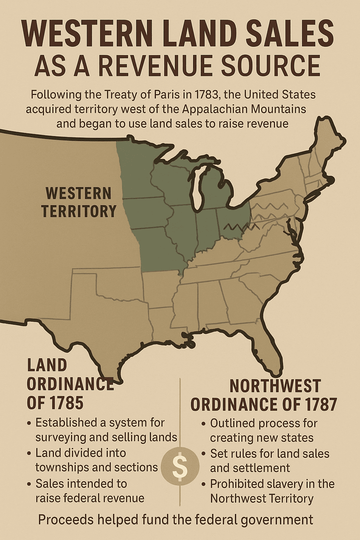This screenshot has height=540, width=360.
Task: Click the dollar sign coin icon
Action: pyautogui.click(x=180, y=466)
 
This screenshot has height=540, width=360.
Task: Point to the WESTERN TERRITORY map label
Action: pyautogui.click(x=78, y=202)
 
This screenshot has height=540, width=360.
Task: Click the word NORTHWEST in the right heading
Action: pyautogui.click(x=275, y=386)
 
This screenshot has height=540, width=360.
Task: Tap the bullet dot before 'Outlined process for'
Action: pyautogui.click(x=204, y=424)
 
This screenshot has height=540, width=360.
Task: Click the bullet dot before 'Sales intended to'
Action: pyautogui.click(x=29, y=484)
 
